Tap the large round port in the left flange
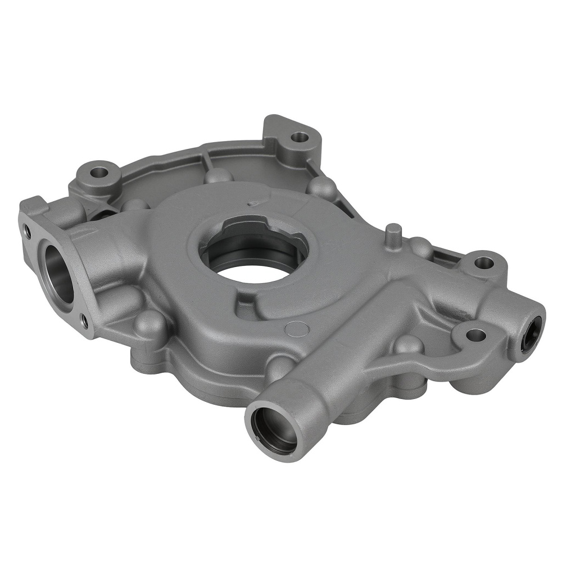(x=58, y=273)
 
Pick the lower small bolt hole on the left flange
(x=84, y=321)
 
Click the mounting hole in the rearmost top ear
(x=300, y=136)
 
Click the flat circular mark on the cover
(x=297, y=329)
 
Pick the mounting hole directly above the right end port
(x=483, y=262)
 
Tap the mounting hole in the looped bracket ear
(x=475, y=336)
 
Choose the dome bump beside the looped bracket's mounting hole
(x=408, y=344)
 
